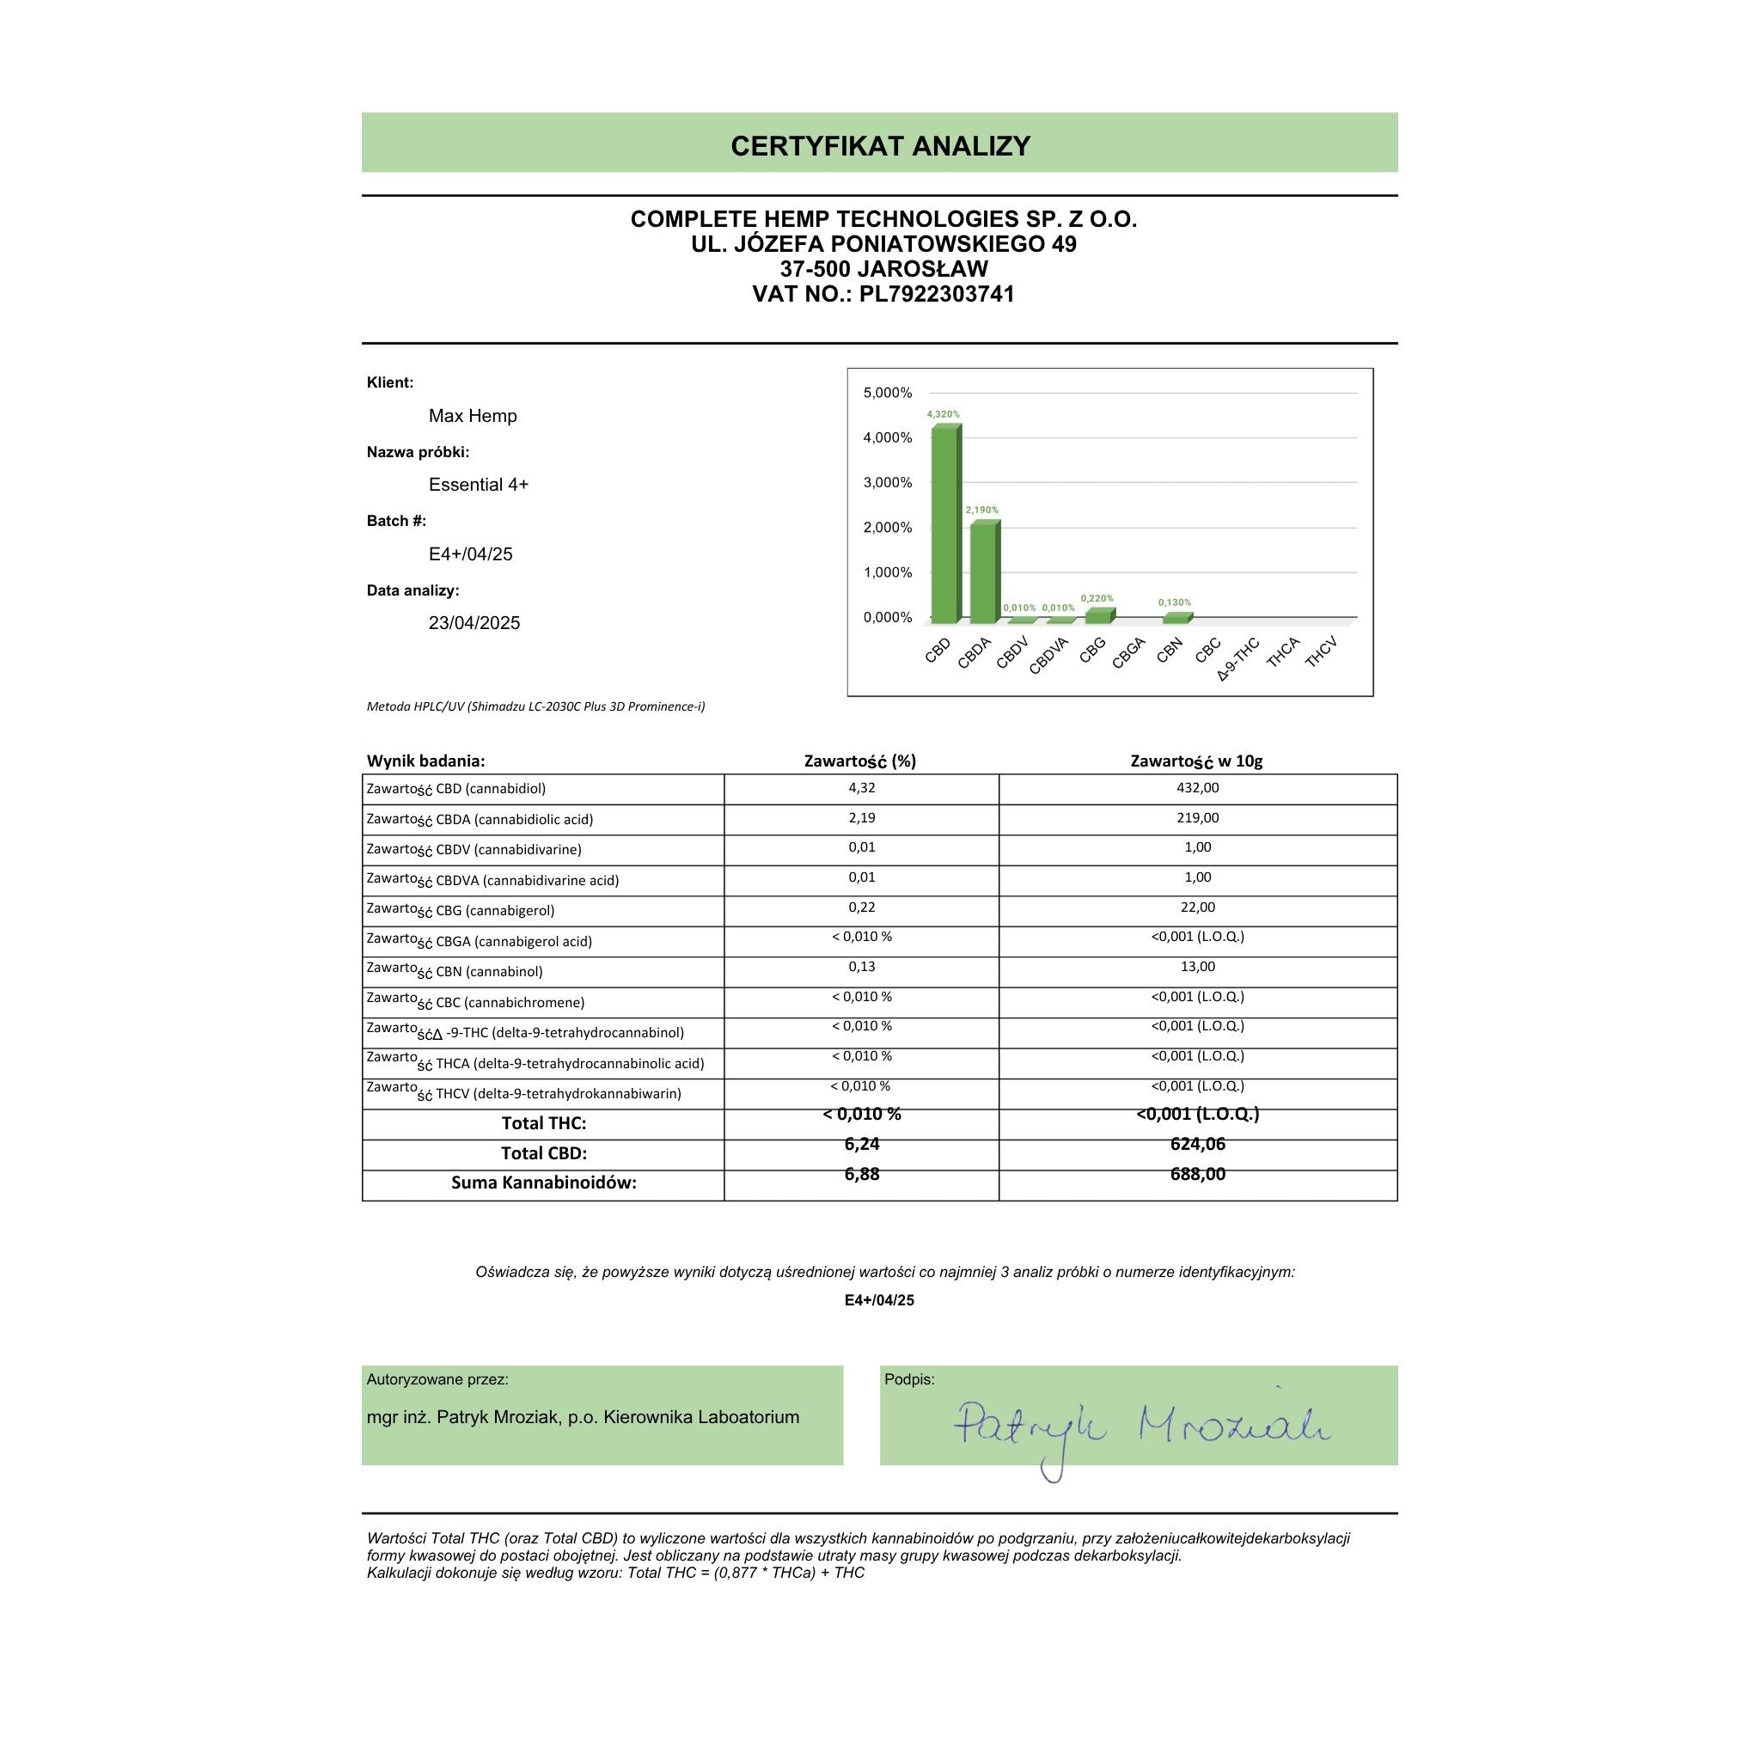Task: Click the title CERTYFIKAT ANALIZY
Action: coord(880,146)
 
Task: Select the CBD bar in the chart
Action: coord(944,524)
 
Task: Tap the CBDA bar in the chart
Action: coord(983,572)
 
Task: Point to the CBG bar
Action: coord(1098,615)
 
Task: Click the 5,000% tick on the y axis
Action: coord(887,393)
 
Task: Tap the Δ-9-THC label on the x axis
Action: coord(1238,659)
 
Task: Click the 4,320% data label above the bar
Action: coord(943,414)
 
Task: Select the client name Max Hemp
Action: coord(473,416)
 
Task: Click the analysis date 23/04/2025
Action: coord(474,623)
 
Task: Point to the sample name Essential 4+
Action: coord(479,485)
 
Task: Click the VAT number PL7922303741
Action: coord(937,294)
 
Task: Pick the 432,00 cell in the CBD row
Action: coord(1197,788)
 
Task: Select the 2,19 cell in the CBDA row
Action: coord(861,818)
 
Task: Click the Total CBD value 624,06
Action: coord(1197,1144)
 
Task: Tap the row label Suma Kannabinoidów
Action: coord(544,1183)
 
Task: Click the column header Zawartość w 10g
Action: coord(1196,761)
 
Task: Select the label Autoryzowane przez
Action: coord(437,1379)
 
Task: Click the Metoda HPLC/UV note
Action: coord(535,706)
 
